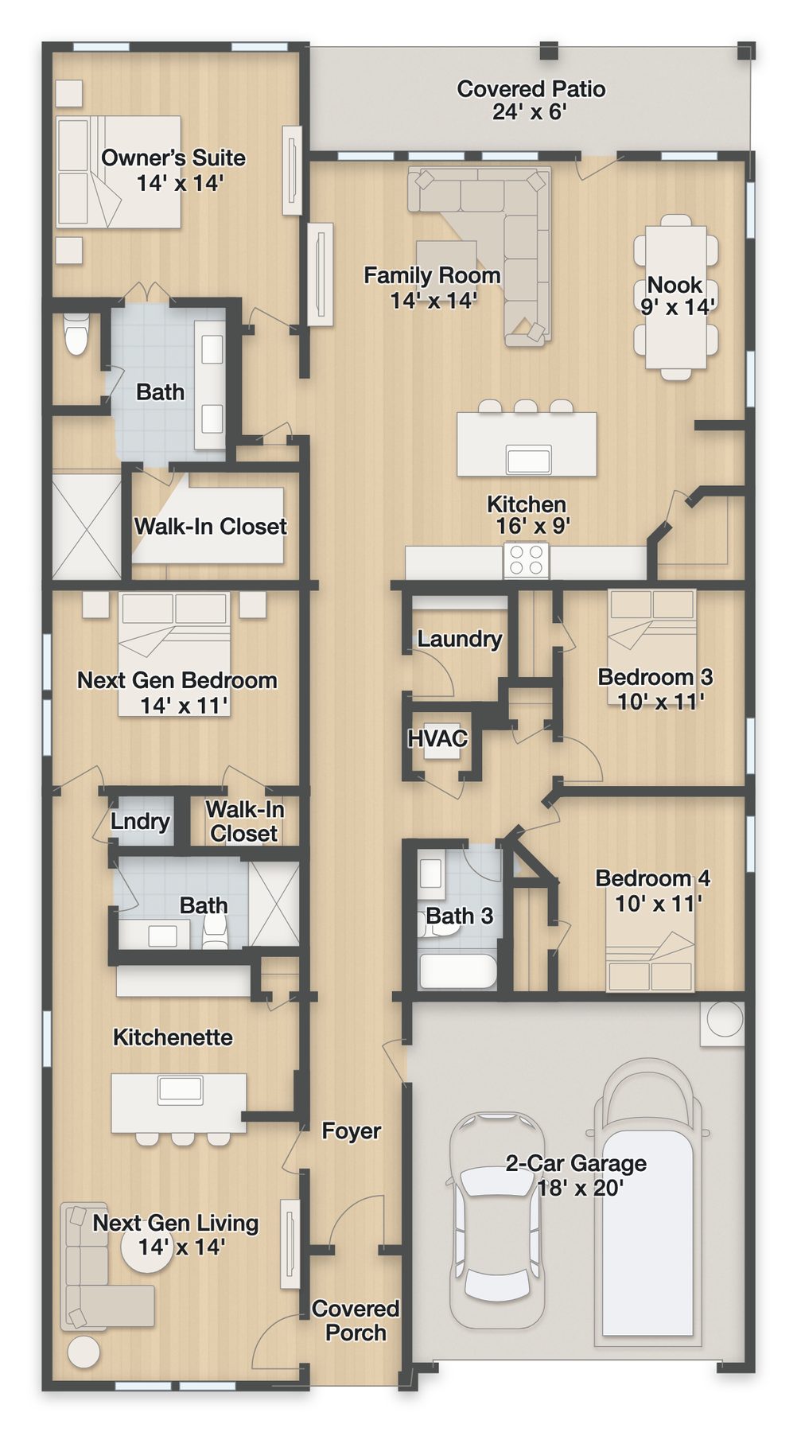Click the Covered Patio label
(x=531, y=100)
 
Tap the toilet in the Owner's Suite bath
(x=76, y=335)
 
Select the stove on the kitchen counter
(x=526, y=560)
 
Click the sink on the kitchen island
(x=529, y=460)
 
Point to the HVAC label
(x=437, y=738)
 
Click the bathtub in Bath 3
(x=457, y=971)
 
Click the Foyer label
(x=351, y=1130)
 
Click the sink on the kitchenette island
(x=181, y=1090)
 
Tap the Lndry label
(x=140, y=822)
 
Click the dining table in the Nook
(x=676, y=298)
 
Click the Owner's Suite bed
(x=119, y=172)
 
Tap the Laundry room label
(x=460, y=639)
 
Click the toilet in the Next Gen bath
(x=215, y=931)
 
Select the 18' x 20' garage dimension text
(x=581, y=1188)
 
